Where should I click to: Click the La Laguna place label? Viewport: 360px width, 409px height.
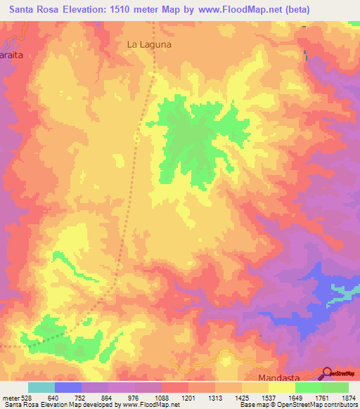(x=149, y=44)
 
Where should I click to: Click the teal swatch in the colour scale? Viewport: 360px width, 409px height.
(x=41, y=387)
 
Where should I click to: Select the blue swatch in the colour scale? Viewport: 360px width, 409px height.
(x=68, y=387)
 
